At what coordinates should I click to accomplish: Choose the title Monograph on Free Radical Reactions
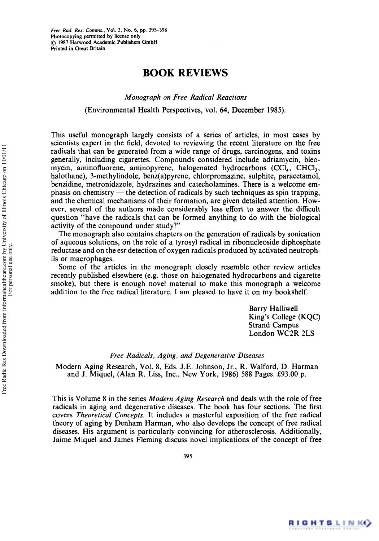186,97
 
